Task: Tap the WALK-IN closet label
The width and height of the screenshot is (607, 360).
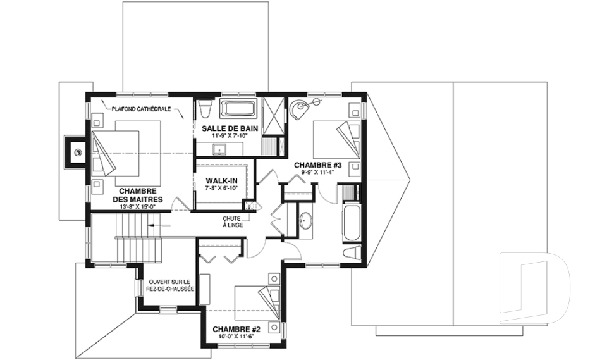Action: (221, 181)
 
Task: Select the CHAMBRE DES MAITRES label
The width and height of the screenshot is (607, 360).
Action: (138, 196)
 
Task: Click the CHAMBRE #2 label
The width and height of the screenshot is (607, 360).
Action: (236, 330)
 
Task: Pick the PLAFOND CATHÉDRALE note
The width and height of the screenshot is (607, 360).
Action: (141, 109)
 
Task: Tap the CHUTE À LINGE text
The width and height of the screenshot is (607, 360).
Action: (232, 221)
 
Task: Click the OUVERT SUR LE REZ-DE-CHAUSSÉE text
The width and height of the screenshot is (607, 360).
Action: (170, 285)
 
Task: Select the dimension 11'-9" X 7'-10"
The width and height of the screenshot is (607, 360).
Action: (229, 136)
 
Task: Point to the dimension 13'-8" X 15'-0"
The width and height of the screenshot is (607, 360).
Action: (137, 206)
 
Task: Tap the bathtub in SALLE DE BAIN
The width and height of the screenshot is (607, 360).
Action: (238, 109)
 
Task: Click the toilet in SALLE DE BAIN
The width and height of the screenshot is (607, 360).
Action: (205, 108)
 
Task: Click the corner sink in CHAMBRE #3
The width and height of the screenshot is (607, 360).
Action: (299, 108)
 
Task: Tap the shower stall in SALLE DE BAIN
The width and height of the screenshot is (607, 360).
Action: (273, 116)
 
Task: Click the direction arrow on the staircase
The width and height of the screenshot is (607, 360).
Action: (160, 225)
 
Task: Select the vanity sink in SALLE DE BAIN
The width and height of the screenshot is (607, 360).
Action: (220, 149)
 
